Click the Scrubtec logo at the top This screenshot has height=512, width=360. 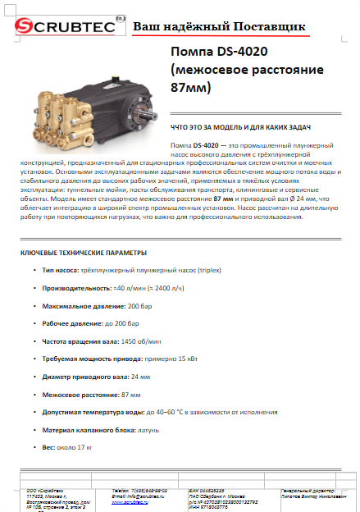[62, 28]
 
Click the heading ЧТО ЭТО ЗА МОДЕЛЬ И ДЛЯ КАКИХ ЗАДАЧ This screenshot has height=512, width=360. [233, 129]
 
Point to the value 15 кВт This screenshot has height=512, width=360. [184, 359]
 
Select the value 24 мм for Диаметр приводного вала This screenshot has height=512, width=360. [140, 376]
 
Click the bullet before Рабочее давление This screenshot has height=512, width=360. [34, 323]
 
